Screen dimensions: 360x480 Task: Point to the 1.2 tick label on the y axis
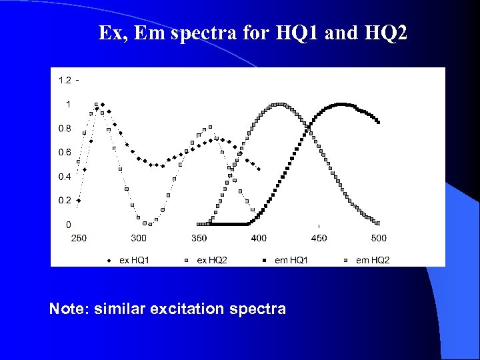tap(65, 81)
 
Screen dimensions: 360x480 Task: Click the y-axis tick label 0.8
tap(65, 128)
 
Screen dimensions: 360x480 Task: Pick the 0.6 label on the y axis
tap(65, 153)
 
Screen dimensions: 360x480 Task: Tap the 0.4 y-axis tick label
tap(65, 177)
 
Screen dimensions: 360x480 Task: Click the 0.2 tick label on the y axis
tap(65, 201)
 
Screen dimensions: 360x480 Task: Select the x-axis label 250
tap(79, 238)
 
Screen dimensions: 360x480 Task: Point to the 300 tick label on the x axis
tap(139, 238)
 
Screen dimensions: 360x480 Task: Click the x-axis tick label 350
tap(199, 238)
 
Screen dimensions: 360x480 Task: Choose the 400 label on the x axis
tap(259, 238)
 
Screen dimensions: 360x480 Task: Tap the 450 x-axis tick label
tap(319, 238)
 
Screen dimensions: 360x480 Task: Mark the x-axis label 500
tap(379, 238)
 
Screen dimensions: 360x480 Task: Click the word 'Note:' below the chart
tap(69, 309)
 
